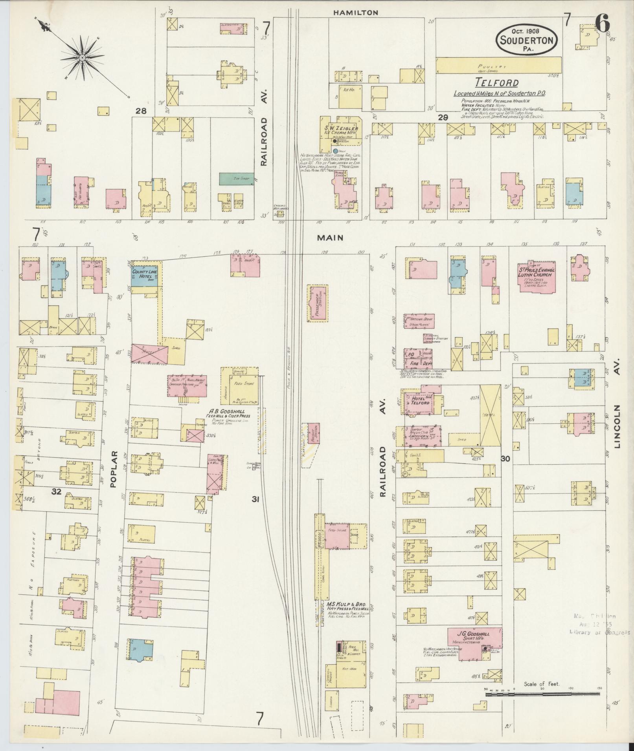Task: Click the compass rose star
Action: coord(83,58)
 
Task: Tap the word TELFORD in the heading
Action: coord(496,82)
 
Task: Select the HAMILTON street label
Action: coord(355,13)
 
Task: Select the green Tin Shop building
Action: coord(236,179)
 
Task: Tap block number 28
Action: coord(141,111)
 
